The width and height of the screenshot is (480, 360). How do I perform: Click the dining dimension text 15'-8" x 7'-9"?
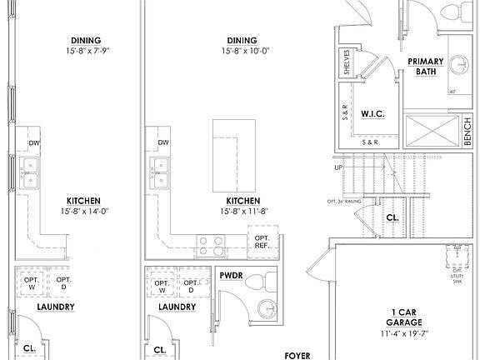[86, 52]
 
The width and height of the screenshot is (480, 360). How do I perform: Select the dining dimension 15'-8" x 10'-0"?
[242, 52]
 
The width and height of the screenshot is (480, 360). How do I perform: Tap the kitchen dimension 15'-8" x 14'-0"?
[85, 212]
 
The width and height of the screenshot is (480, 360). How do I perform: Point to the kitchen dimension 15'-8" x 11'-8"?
[242, 212]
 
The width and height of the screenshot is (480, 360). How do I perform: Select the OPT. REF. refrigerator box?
[262, 242]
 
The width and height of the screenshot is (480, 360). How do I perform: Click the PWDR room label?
[231, 273]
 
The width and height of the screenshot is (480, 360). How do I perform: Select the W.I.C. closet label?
[372, 112]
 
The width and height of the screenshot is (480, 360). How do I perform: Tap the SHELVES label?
[346, 63]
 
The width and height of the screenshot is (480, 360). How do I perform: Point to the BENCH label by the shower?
[467, 130]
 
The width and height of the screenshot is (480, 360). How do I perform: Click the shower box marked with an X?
[432, 130]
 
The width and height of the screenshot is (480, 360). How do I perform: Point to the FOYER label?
[297, 355]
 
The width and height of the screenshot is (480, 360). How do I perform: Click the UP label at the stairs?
[337, 167]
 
